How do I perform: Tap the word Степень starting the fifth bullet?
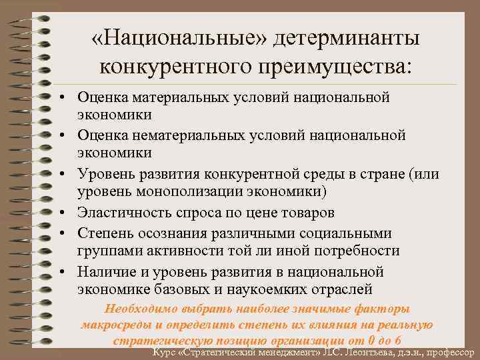pyautogui.click(x=103, y=233)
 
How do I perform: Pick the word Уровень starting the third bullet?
pyautogui.click(x=105, y=175)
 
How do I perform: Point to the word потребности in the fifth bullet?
pyautogui.click(x=361, y=251)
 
